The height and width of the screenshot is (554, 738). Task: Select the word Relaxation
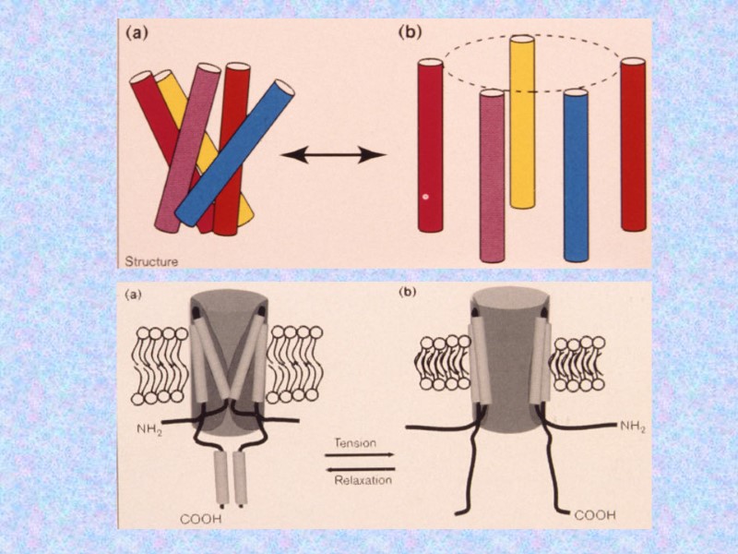(x=360, y=481)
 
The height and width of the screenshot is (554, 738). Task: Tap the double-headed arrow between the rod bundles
(x=332, y=155)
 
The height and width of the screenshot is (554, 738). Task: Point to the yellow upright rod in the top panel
(x=522, y=120)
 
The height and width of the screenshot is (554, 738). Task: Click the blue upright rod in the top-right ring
(x=576, y=175)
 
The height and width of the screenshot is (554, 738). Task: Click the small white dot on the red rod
(x=425, y=197)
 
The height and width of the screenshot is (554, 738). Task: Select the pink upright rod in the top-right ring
(x=492, y=175)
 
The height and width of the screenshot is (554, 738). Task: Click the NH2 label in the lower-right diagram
(x=634, y=426)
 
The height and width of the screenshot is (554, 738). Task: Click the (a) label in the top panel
(x=135, y=32)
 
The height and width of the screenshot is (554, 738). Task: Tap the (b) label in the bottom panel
(x=407, y=297)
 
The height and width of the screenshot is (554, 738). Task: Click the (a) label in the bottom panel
(x=135, y=297)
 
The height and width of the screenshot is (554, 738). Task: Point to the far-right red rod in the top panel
(x=633, y=143)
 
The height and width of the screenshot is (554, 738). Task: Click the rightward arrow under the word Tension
(x=360, y=455)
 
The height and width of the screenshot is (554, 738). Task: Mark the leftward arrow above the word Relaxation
(x=360, y=469)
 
